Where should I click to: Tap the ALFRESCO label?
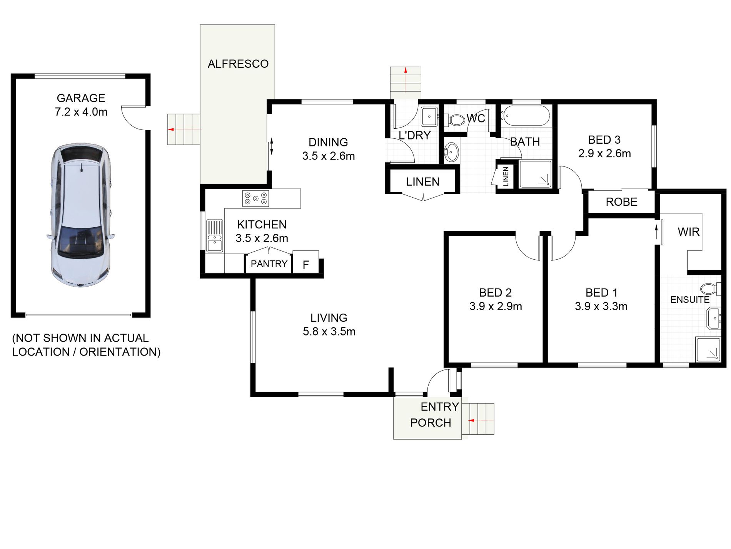tap(238, 64)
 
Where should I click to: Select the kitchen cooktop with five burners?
tap(255, 199)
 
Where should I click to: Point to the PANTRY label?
tap(269, 264)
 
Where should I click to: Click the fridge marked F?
tap(306, 264)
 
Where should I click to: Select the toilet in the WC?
tap(456, 120)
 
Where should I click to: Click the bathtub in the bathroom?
tap(526, 116)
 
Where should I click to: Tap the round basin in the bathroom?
tap(451, 151)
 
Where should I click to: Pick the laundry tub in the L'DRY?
tap(429, 116)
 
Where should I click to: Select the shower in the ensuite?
tap(708, 349)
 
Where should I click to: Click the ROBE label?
tap(621, 202)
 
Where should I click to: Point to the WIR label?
tap(688, 232)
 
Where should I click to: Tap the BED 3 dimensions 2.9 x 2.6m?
tap(604, 154)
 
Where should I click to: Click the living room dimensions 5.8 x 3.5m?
tap(329, 332)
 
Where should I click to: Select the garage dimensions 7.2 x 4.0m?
tap(81, 112)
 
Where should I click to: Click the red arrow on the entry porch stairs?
tap(471, 420)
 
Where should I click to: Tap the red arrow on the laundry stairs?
tap(406, 70)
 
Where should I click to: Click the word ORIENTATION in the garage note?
tap(120, 352)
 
